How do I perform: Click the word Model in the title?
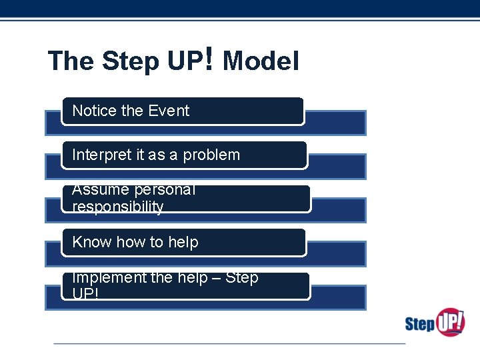[261, 61]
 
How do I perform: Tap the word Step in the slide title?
[131, 61]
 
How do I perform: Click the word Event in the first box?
[169, 111]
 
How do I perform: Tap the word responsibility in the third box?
[117, 207]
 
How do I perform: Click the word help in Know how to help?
[183, 242]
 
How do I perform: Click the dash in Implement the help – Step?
[215, 277]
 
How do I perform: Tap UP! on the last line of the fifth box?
[85, 293]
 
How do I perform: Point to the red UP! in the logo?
[451, 321]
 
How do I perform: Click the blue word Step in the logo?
[420, 325]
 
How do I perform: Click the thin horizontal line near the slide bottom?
[229, 343]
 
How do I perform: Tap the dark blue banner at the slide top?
[240, 8]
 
